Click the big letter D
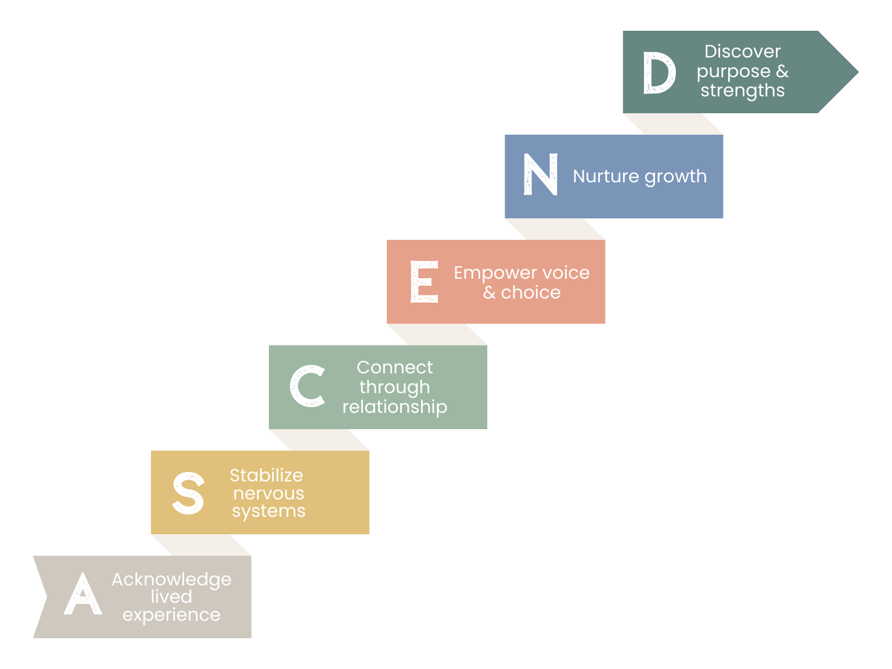pyautogui.click(x=659, y=73)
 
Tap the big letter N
pyautogui.click(x=541, y=174)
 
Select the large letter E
pyautogui.click(x=424, y=282)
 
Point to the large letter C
pyautogui.click(x=307, y=386)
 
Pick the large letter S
pyautogui.click(x=189, y=493)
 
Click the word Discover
pyautogui.click(x=742, y=52)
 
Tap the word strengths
pyautogui.click(x=742, y=91)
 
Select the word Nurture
pyautogui.click(x=606, y=176)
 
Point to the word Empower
pyautogui.click(x=495, y=273)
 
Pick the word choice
pyautogui.click(x=531, y=293)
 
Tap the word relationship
pyautogui.click(x=395, y=407)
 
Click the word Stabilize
pyautogui.click(x=266, y=475)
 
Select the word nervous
pyautogui.click(x=268, y=494)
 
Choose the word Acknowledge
pyautogui.click(x=171, y=580)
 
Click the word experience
pyautogui.click(x=171, y=615)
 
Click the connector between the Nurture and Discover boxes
pyautogui.click(x=672, y=124)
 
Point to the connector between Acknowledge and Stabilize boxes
pyautogui.click(x=201, y=545)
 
